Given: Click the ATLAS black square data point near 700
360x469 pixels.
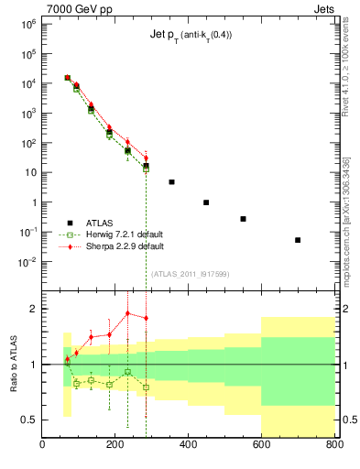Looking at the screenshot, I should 298,240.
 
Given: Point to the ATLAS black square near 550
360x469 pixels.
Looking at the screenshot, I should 243,219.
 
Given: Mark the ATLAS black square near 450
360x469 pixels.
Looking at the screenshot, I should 206,202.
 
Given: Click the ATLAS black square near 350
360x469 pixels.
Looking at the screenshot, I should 171,182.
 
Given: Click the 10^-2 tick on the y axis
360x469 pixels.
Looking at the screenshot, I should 27,262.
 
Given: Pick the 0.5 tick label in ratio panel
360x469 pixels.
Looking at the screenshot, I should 27,420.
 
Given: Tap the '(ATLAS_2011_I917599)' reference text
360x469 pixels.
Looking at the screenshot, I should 188,274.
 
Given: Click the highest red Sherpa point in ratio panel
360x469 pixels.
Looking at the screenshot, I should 127,313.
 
